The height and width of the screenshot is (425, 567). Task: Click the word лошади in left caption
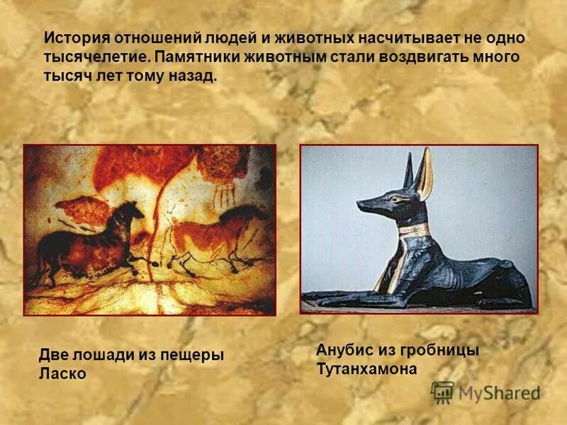113,355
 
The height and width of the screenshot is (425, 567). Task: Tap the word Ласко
62,373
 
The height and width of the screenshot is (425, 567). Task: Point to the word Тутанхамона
366,369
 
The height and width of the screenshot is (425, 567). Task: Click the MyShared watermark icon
442,392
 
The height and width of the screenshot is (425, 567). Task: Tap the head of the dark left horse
133,210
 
